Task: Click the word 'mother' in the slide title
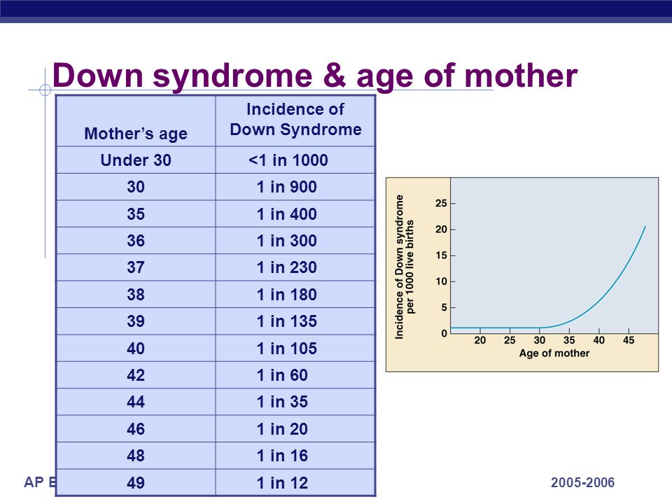521,76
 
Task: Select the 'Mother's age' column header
136,134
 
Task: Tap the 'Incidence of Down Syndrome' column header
295,119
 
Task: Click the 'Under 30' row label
136,160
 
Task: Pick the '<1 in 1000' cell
288,160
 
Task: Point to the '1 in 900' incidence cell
287,187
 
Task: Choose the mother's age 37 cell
136,267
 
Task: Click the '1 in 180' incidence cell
287,295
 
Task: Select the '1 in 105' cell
287,349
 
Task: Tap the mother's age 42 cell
136,375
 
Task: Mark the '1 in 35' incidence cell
282,402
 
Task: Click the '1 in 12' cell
282,483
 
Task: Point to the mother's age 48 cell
136,456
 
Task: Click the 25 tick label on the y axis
441,203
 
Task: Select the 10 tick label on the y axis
441,281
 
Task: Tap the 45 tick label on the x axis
629,340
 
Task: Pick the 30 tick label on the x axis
540,340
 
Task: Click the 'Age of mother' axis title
554,353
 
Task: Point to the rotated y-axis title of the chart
405,267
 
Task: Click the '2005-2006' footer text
582,482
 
